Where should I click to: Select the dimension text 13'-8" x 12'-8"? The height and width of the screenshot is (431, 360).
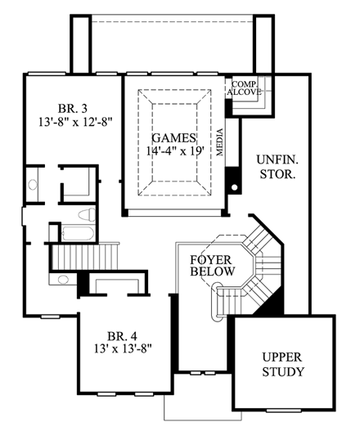pyautogui.click(x=74, y=124)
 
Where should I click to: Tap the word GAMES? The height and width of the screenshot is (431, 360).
pyautogui.click(x=169, y=137)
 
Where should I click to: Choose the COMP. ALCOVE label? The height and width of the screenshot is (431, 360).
pyautogui.click(x=245, y=88)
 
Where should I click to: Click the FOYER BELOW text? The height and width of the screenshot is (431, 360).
pyautogui.click(x=213, y=266)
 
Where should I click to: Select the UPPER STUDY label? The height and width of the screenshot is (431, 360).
pyautogui.click(x=284, y=365)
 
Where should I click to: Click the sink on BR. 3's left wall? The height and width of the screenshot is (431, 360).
pyautogui.click(x=34, y=182)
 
